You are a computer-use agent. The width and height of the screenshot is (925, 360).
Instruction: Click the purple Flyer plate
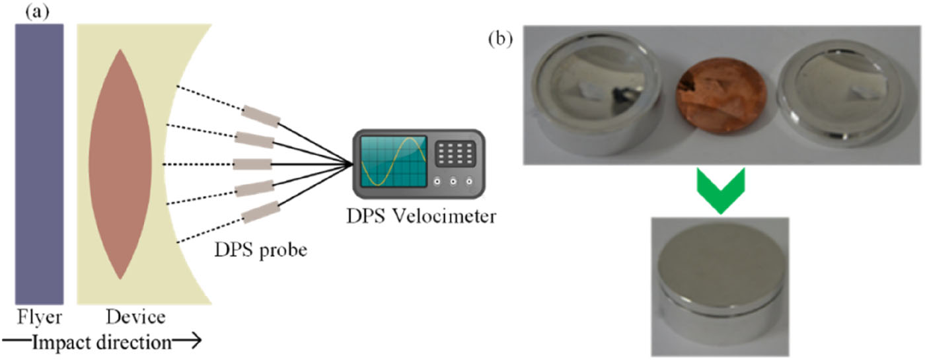pos(40,163)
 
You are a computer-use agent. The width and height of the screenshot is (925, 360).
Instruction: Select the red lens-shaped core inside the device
pos(120,163)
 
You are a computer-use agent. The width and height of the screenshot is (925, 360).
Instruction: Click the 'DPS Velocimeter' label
pos(424,217)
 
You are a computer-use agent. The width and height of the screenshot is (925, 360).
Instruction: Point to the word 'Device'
pos(135,318)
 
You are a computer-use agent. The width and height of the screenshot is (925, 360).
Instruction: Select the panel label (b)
pos(501,38)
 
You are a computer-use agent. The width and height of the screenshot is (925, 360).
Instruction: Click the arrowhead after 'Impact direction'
pos(192,343)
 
